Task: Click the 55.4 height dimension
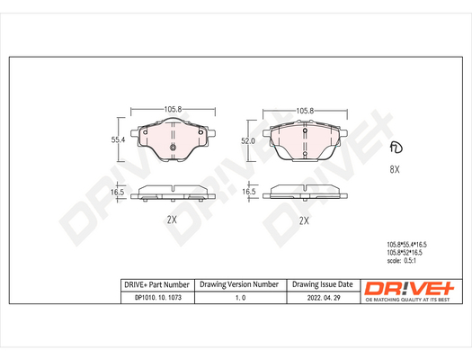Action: pyautogui.click(x=117, y=140)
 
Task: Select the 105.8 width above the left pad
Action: pyautogui.click(x=174, y=109)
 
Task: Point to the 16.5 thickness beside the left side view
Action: pyautogui.click(x=117, y=193)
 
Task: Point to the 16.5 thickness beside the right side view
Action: pyautogui.click(x=249, y=193)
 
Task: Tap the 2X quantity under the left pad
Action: pyautogui.click(x=172, y=220)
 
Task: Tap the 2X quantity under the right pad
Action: pyautogui.click(x=303, y=220)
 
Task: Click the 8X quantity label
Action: pyautogui.click(x=394, y=169)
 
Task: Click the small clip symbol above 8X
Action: pyautogui.click(x=394, y=148)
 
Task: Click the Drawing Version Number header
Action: pyautogui.click(x=239, y=284)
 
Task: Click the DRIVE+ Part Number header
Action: pyautogui.click(x=156, y=284)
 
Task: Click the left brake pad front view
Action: pyautogui.click(x=174, y=142)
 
